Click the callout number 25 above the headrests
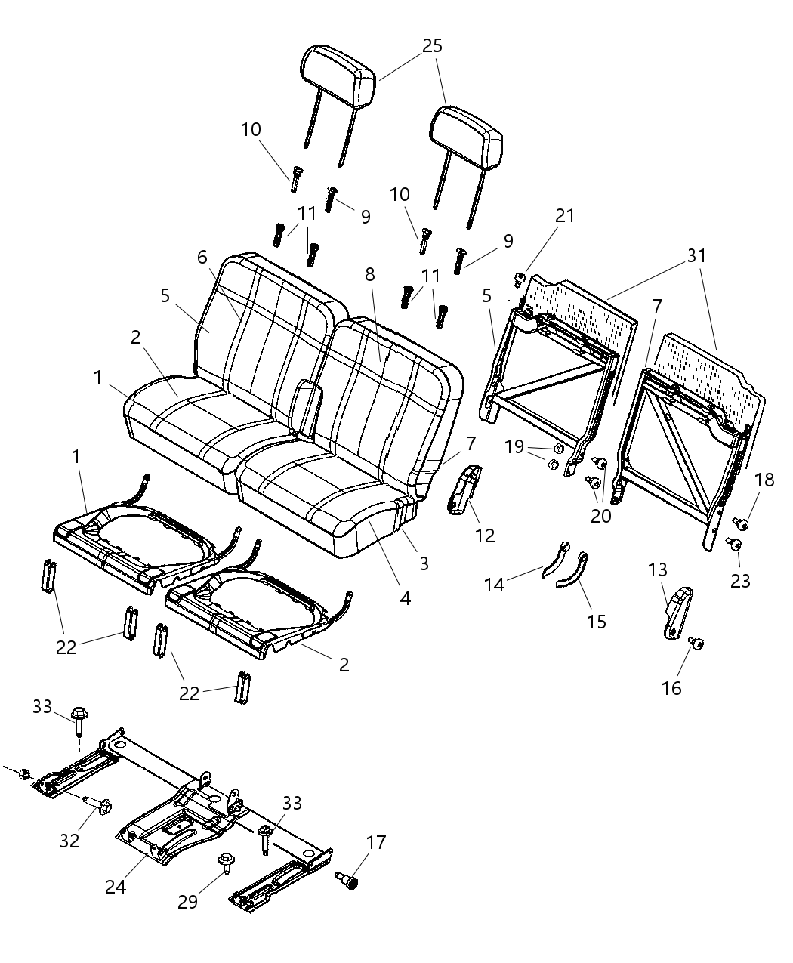pos(432,46)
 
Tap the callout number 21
pos(564,216)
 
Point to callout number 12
pos(485,536)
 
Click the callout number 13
pos(658,569)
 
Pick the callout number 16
pos(671,688)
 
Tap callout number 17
pos(375,843)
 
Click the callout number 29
pos(187,902)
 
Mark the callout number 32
pos(69,841)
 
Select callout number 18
pos(764,480)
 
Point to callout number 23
pos(741,581)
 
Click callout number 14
pos(494,584)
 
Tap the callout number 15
pos(596,622)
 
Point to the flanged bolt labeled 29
pos(225,863)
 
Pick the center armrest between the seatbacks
pos(307,408)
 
